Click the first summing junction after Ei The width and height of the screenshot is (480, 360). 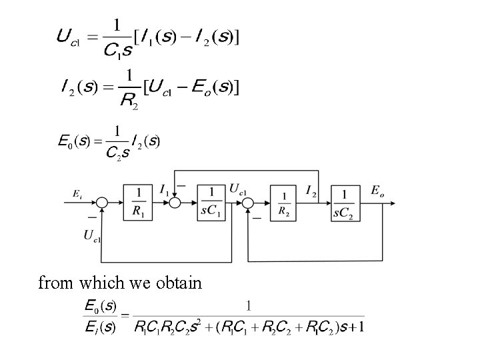coord(102,203)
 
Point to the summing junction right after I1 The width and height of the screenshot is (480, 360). coord(175,203)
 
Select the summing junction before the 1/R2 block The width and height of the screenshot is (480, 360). coord(248,203)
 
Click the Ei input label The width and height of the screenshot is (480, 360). coord(78,194)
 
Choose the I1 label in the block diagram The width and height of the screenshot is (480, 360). coord(164,190)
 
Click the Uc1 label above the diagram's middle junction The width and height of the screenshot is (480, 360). coord(239,189)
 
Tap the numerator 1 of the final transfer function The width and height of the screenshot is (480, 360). coord(249,306)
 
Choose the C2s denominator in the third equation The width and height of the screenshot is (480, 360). coord(118,153)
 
